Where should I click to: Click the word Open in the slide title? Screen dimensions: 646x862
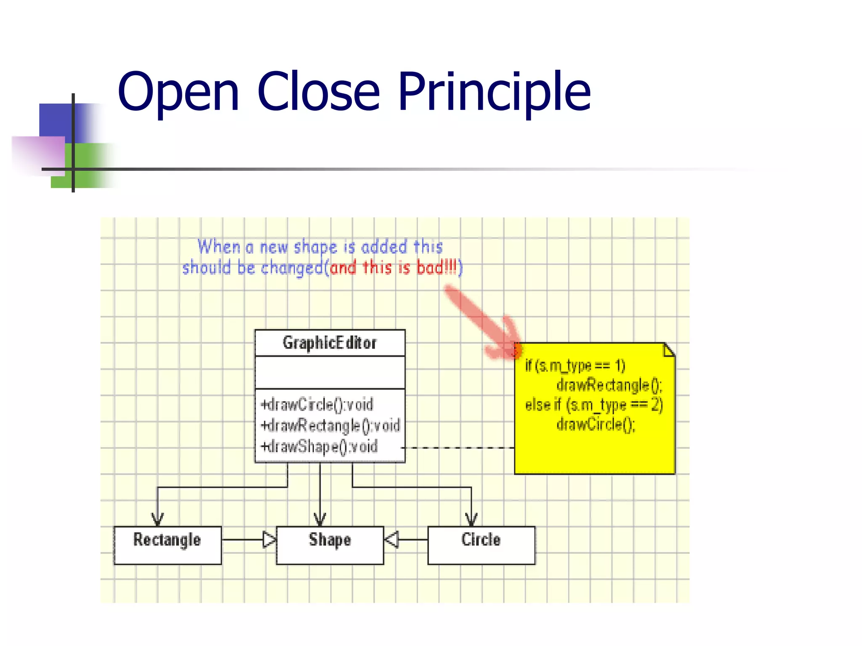(178, 93)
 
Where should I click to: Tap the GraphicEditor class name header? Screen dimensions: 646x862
(330, 343)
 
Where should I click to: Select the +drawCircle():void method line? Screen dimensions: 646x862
(317, 405)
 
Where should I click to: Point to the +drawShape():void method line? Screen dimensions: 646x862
(319, 446)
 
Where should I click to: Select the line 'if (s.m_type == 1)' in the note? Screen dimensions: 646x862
(575, 365)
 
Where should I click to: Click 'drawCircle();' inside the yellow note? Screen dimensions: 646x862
(596, 424)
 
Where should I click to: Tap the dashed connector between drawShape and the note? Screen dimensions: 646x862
(459, 448)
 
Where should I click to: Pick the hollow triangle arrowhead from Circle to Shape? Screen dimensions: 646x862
(391, 539)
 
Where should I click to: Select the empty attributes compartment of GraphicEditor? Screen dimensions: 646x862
(330, 372)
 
